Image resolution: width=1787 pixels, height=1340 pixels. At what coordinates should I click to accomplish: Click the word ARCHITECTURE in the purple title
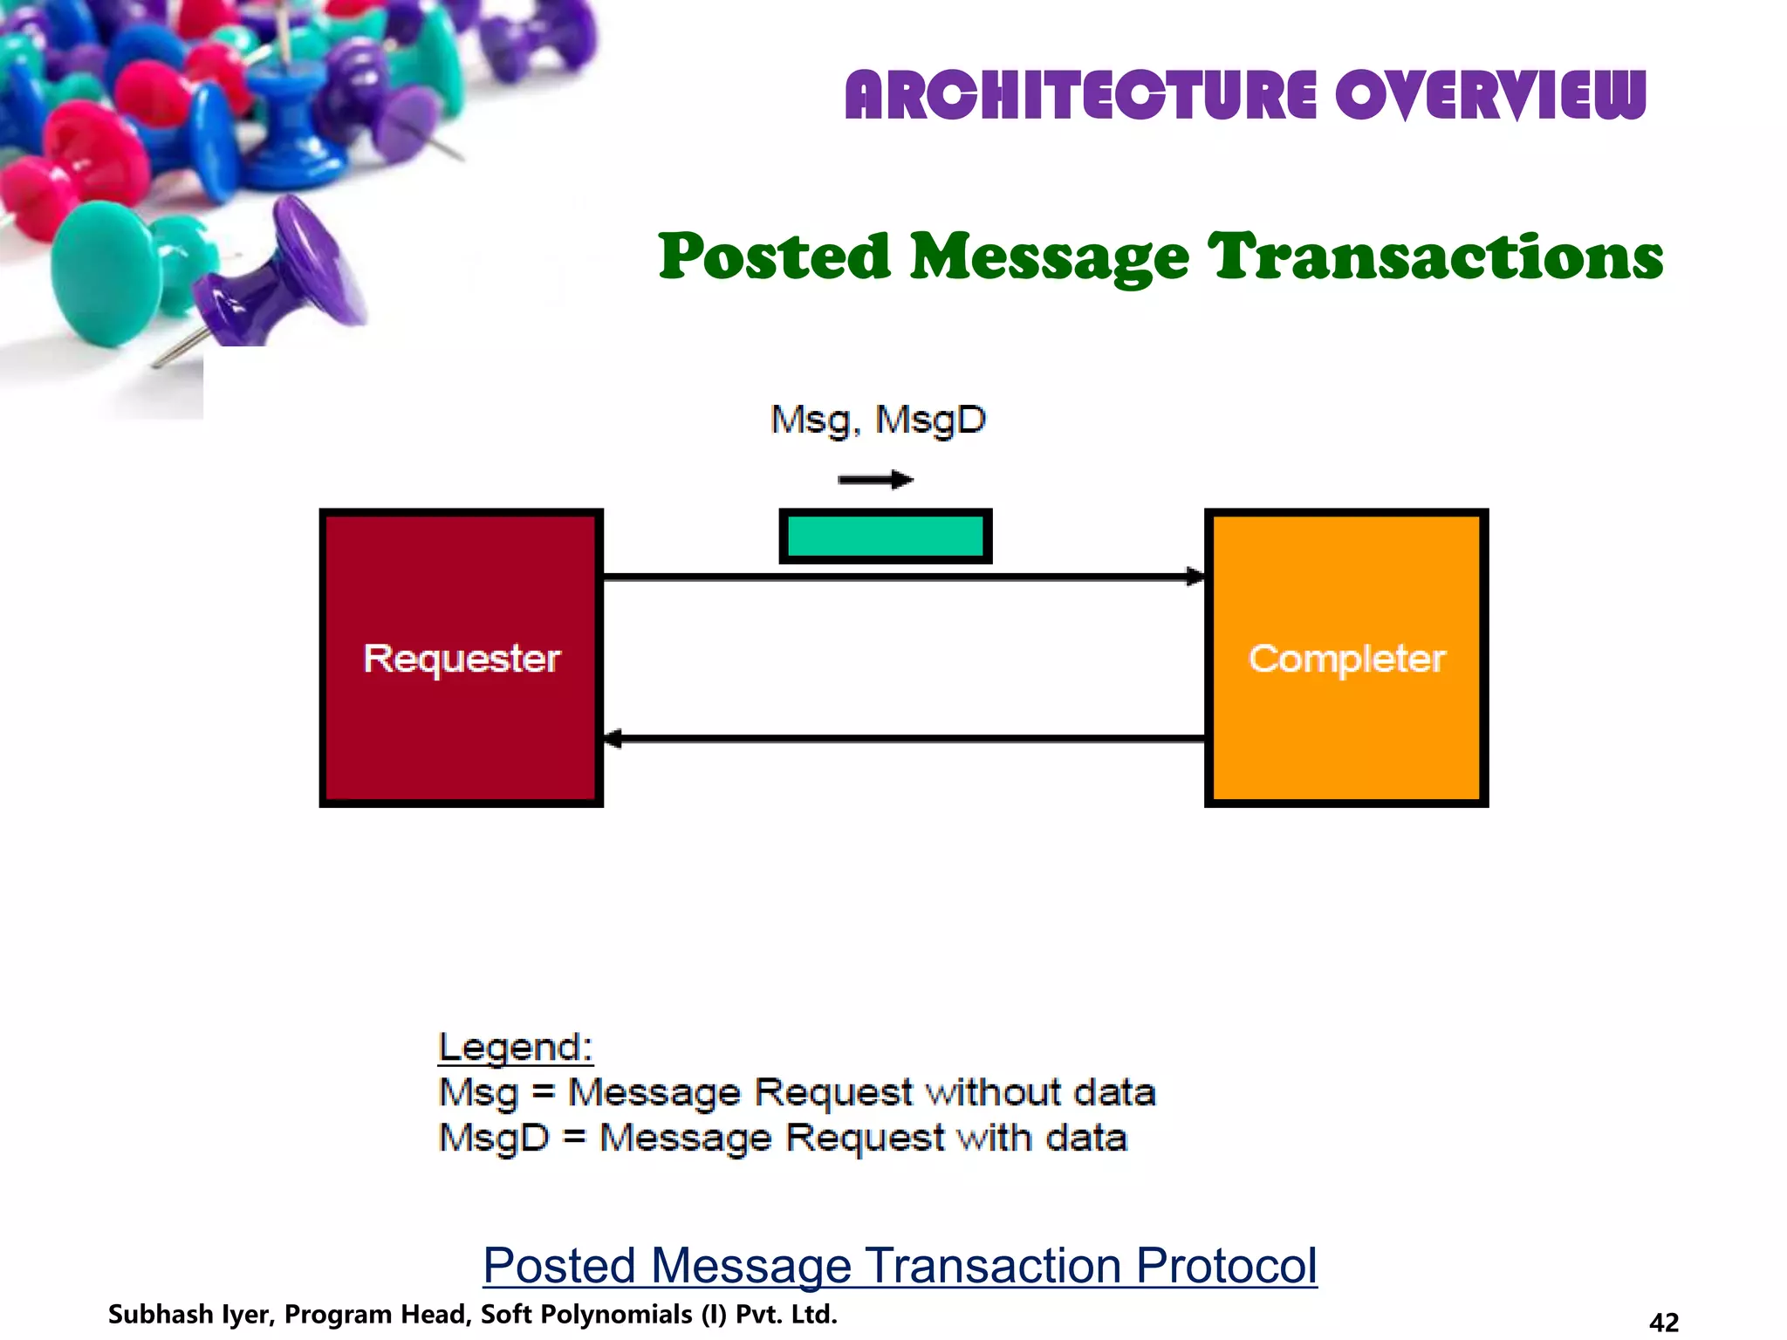click(x=1080, y=96)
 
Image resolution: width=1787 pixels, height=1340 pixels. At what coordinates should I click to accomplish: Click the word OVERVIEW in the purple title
click(x=1490, y=96)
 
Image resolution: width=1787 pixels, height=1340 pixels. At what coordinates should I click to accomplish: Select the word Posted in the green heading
click(x=774, y=257)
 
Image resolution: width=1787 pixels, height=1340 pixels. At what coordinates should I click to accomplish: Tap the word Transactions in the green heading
click(x=1435, y=257)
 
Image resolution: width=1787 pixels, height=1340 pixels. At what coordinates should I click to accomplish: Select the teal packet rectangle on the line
click(x=885, y=536)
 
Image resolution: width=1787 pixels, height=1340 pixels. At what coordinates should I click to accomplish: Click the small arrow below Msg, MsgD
click(x=875, y=480)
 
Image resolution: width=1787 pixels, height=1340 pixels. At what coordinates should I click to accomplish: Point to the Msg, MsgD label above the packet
click(x=878, y=420)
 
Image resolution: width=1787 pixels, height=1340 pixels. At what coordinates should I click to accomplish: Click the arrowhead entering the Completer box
click(x=1195, y=577)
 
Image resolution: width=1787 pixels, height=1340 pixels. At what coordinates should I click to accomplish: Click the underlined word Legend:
click(x=515, y=1048)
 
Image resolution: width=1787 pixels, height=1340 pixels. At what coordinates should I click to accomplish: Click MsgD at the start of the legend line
click(x=494, y=1138)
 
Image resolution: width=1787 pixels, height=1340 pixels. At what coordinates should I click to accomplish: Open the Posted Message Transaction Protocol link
click(x=900, y=1265)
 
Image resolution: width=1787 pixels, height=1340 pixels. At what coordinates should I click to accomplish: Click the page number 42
click(x=1664, y=1323)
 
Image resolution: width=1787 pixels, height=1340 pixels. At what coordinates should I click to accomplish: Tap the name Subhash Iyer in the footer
click(x=190, y=1315)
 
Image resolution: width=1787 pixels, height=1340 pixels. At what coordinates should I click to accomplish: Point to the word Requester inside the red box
click(x=462, y=659)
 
